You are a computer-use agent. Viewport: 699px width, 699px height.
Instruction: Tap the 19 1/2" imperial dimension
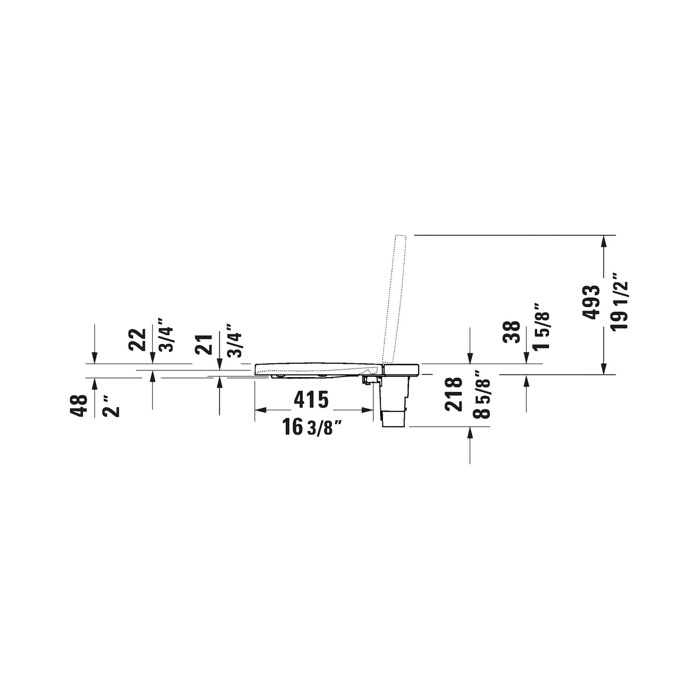point(619,301)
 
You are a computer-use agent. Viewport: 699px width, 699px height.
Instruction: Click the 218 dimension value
point(454,394)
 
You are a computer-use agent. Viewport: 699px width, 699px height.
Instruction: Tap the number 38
point(511,332)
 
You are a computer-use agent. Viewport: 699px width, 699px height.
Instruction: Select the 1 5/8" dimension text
point(541,326)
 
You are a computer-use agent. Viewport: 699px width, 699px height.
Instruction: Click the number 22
point(137,339)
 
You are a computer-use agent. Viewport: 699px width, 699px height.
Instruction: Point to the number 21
point(204,344)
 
